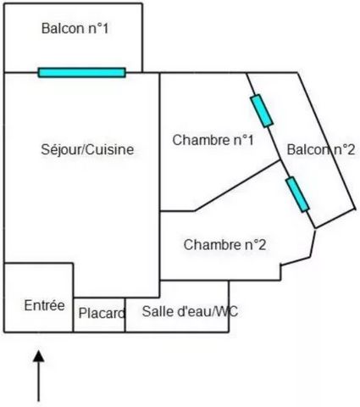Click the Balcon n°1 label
[x=75, y=29]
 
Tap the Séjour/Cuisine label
[x=87, y=149]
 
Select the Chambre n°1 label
[x=213, y=140]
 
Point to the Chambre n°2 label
[x=224, y=244]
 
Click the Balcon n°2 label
[x=321, y=149]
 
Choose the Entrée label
[x=44, y=305]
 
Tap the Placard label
[x=102, y=313]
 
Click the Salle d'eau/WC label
[x=190, y=311]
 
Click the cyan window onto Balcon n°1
[x=82, y=72]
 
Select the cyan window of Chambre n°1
[x=262, y=111]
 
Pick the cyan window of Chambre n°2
[x=297, y=194]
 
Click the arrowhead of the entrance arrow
[x=39, y=356]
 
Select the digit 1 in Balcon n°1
[x=105, y=29]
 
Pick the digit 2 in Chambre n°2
[x=263, y=244]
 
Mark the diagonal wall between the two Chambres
[x=238, y=185]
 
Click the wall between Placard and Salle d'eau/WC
[x=125, y=315]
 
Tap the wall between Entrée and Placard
[x=73, y=298]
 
